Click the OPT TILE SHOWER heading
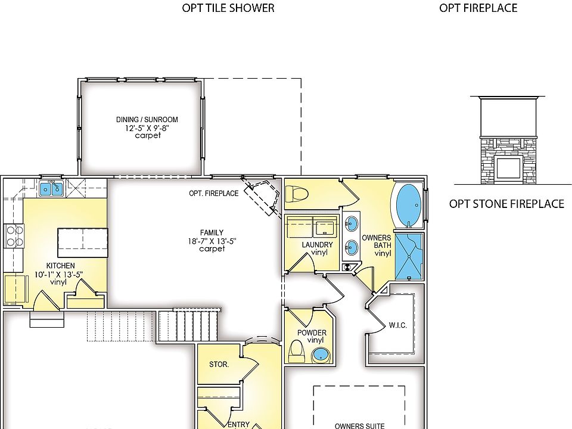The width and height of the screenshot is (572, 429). pos(228,8)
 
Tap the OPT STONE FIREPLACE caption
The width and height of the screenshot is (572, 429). pos(506,204)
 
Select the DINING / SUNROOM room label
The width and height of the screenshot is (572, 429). pos(147,120)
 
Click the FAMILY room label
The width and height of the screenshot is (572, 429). pos(212,232)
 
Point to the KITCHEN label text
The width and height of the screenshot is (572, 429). pos(61,266)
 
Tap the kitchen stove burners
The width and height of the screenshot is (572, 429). pos(14,236)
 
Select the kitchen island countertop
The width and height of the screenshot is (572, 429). pos(82,243)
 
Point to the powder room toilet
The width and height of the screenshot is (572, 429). pos(297,352)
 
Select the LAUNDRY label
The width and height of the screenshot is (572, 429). pos(317,245)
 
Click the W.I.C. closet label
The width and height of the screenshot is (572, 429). pos(397,325)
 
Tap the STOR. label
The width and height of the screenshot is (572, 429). pos(219,364)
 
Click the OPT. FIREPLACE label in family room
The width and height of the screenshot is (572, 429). pos(213,193)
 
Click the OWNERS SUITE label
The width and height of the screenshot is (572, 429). pos(359,425)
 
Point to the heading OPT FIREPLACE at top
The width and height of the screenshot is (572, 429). pos(478,8)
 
